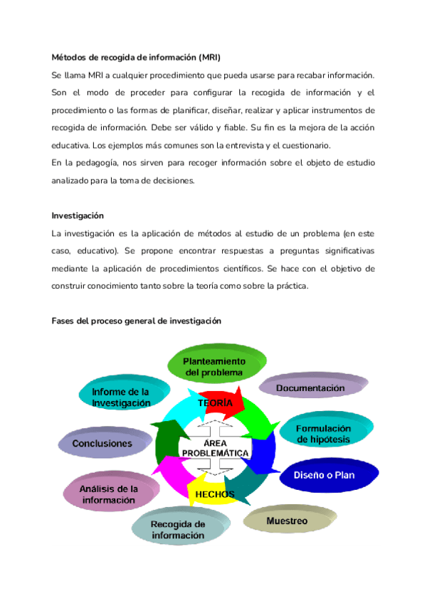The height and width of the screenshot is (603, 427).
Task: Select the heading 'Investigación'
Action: pyautogui.click(x=78, y=215)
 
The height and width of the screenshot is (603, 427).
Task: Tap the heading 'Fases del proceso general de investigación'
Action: pyautogui.click(x=137, y=321)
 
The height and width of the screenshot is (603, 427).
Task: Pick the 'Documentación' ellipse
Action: pyautogui.click(x=310, y=388)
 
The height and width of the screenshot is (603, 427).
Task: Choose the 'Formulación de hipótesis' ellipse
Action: pyautogui.click(x=324, y=434)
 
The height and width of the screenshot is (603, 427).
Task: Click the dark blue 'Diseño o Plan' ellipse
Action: pyautogui.click(x=324, y=474)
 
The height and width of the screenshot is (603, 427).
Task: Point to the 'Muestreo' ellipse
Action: pyautogui.click(x=287, y=521)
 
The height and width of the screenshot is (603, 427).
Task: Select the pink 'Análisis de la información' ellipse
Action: pyautogui.click(x=109, y=494)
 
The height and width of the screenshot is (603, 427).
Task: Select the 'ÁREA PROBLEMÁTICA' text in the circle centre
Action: pyautogui.click(x=215, y=448)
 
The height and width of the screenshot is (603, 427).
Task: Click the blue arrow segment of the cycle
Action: pyautogui.click(x=265, y=455)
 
